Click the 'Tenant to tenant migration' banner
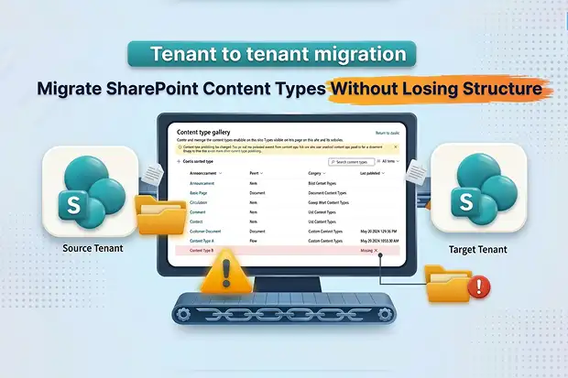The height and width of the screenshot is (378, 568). [283, 54]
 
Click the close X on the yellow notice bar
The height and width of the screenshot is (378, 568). [396, 146]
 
